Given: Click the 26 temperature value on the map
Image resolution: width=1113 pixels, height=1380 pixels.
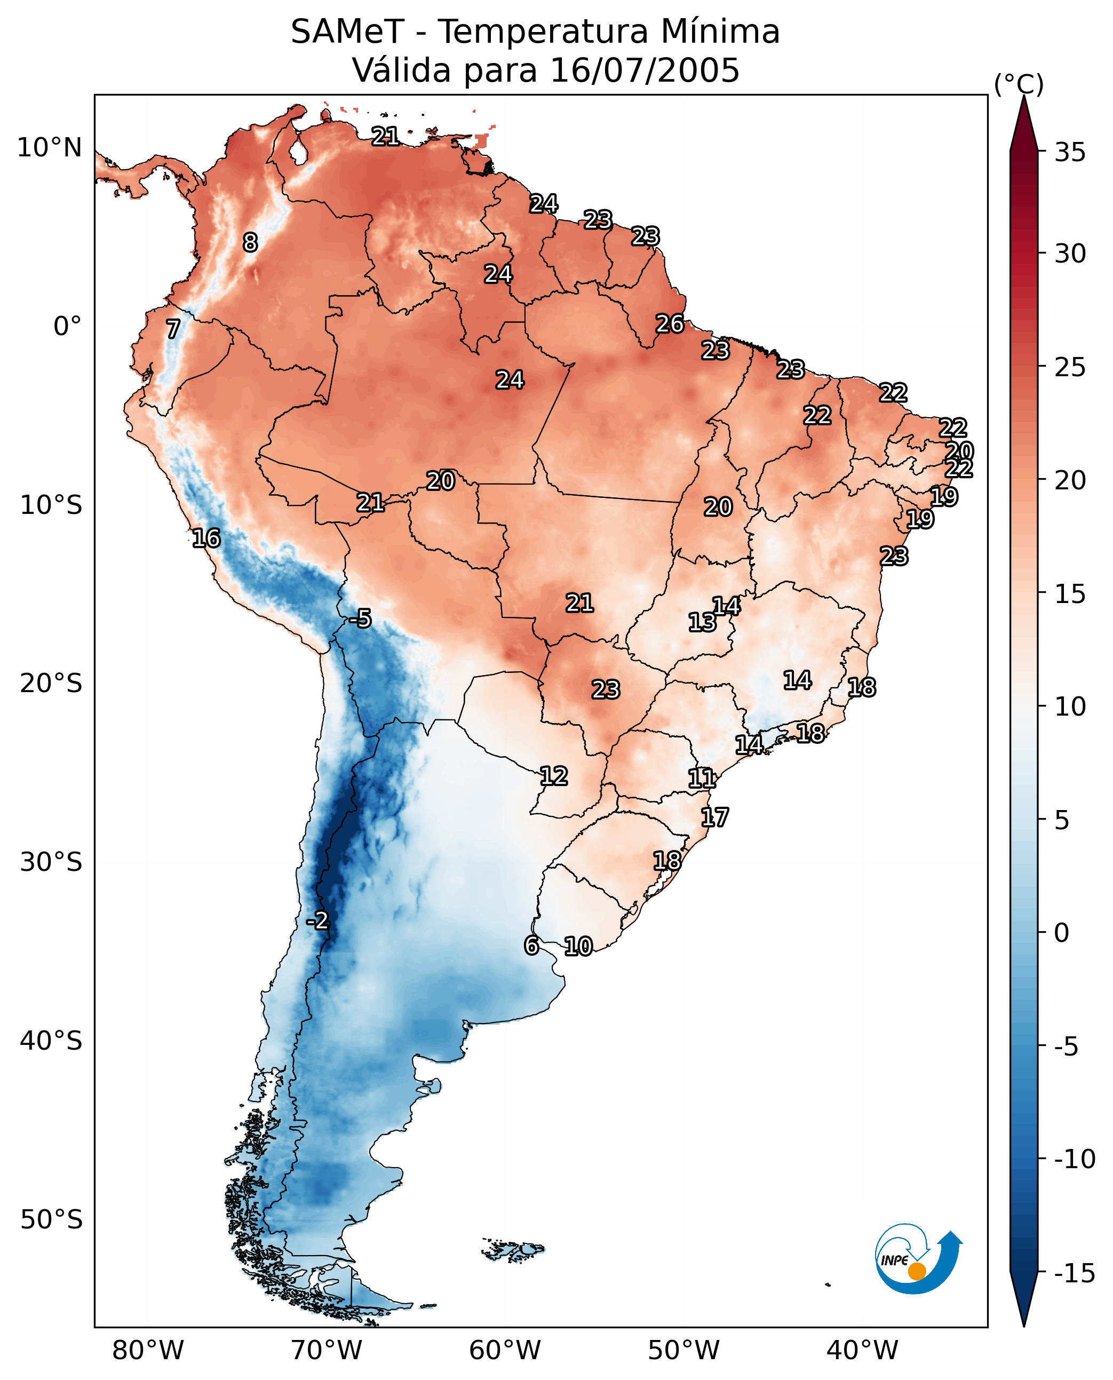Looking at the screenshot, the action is (x=670, y=324).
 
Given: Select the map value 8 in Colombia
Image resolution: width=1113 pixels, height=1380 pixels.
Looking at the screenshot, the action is (x=250, y=242).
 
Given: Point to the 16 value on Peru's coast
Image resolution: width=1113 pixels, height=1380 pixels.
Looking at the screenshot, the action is (x=206, y=538).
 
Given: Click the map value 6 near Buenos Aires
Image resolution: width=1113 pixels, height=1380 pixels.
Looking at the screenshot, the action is (x=531, y=945).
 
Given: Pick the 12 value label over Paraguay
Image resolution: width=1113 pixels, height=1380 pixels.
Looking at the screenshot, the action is (x=554, y=776).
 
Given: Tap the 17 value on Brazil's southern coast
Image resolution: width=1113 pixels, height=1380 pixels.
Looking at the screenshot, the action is (x=715, y=817).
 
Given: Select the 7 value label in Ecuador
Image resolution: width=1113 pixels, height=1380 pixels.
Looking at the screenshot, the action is (x=173, y=329).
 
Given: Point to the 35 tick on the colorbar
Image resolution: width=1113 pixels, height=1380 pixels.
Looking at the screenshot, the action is (x=1070, y=153).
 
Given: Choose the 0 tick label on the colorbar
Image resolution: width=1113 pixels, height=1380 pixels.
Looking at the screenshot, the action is (x=1062, y=932).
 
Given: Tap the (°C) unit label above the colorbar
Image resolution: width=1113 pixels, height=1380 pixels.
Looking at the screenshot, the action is (x=1019, y=84).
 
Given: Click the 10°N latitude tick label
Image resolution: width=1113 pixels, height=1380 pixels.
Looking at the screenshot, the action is (x=50, y=148).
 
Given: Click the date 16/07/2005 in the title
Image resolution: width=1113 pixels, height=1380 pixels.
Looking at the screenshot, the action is (x=645, y=70).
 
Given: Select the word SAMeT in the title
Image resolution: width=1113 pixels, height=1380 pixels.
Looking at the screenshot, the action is (x=347, y=32).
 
